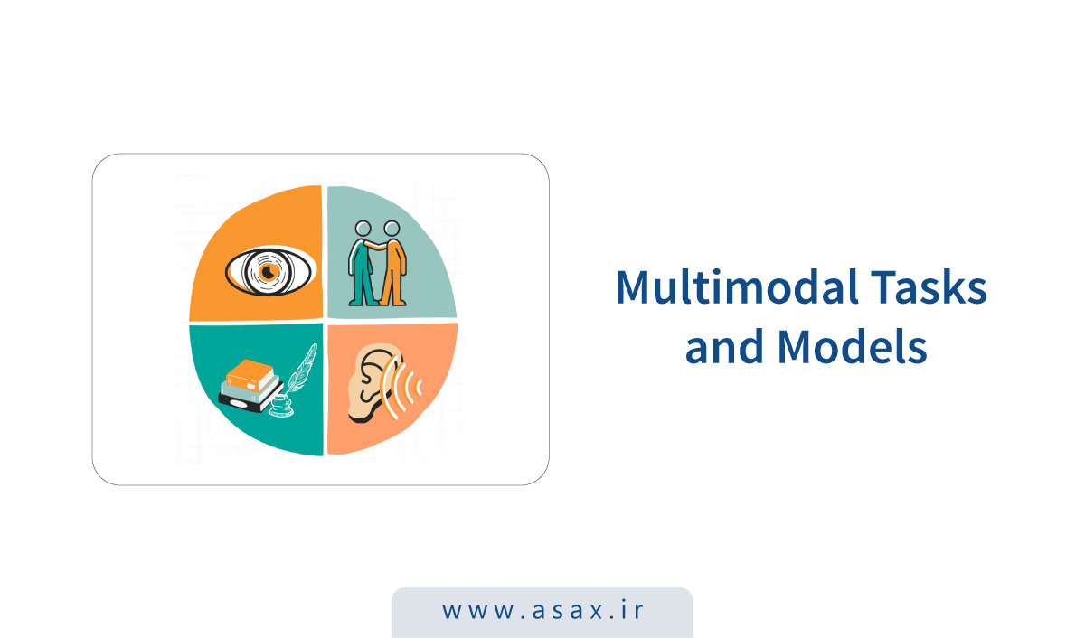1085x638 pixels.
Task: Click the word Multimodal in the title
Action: tap(738, 286)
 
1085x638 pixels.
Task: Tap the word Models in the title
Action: tap(853, 346)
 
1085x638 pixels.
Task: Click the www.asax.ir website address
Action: tap(542, 610)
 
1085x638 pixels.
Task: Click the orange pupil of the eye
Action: tap(268, 272)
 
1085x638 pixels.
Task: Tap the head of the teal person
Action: tap(363, 229)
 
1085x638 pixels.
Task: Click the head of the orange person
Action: tap(392, 229)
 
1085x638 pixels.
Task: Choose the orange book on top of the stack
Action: tap(250, 375)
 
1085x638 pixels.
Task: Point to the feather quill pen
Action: tap(301, 369)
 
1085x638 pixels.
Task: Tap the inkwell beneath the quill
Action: tap(281, 407)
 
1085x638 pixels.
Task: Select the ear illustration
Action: tap(373, 383)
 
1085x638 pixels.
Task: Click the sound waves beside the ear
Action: tap(401, 386)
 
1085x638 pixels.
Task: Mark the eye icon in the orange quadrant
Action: tap(269, 271)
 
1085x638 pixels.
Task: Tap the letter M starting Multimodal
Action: tap(633, 286)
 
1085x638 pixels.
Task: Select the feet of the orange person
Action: tap(392, 302)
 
